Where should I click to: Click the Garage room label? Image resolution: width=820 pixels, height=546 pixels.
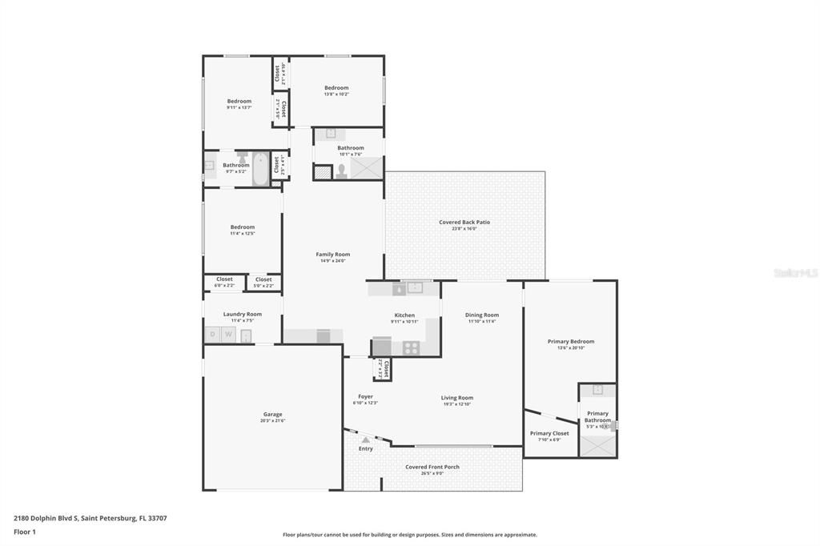point(272,415)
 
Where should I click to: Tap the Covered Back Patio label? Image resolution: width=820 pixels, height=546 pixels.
point(464,223)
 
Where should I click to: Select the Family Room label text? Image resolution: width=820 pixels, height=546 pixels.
point(332,255)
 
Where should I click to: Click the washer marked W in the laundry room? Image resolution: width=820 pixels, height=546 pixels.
point(228,335)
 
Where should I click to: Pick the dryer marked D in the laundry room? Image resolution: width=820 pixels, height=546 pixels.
point(213,335)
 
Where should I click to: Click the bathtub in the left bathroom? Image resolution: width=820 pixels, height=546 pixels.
point(260,169)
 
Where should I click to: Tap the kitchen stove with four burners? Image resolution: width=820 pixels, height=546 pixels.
point(410,347)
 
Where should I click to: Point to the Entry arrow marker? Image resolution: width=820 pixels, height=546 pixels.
point(365,440)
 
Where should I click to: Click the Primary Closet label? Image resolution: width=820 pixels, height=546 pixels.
point(549,433)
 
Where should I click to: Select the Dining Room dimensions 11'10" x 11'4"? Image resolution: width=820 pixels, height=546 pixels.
point(482,321)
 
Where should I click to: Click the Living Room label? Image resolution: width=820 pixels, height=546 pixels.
point(456,398)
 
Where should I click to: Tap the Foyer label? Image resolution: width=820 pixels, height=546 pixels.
point(365,396)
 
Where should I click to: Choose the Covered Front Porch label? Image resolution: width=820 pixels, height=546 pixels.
point(432,467)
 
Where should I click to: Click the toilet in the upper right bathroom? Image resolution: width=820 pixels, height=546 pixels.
point(342,171)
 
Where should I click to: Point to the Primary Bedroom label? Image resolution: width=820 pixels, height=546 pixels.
point(570,342)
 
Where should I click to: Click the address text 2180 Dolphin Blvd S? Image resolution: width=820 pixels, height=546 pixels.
point(46,518)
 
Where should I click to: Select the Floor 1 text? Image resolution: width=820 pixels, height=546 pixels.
point(25,532)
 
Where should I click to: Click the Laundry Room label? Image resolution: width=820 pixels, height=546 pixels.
point(242,315)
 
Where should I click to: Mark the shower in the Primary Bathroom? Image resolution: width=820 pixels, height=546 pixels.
point(598,445)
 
